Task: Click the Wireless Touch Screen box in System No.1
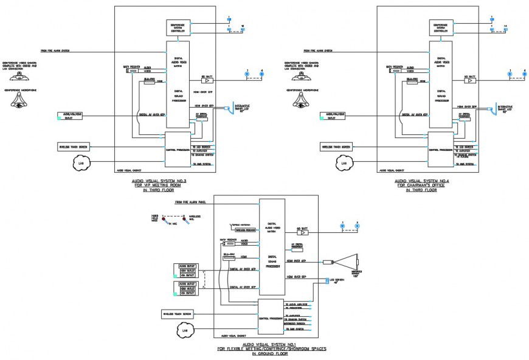177,314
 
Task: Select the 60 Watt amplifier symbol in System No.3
207,80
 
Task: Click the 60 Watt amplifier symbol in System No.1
302,232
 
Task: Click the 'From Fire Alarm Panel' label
190,201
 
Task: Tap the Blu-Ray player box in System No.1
229,258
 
